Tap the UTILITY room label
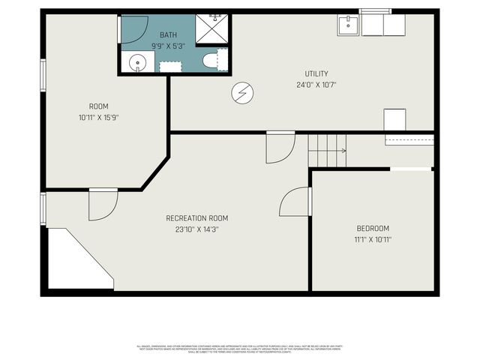[x=316, y=73]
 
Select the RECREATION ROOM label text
[x=196, y=218]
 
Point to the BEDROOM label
[x=373, y=228]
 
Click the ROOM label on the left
[x=99, y=106]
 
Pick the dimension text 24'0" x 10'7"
[x=316, y=85]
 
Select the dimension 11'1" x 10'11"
[x=373, y=239]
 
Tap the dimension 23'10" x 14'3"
[x=196, y=229]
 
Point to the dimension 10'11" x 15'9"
[x=99, y=117]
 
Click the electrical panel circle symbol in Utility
[x=243, y=92]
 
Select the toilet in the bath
[x=213, y=61]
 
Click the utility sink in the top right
[x=347, y=25]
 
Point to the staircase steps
[x=327, y=150]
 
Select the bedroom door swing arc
[x=295, y=202]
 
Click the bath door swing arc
[x=133, y=28]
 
